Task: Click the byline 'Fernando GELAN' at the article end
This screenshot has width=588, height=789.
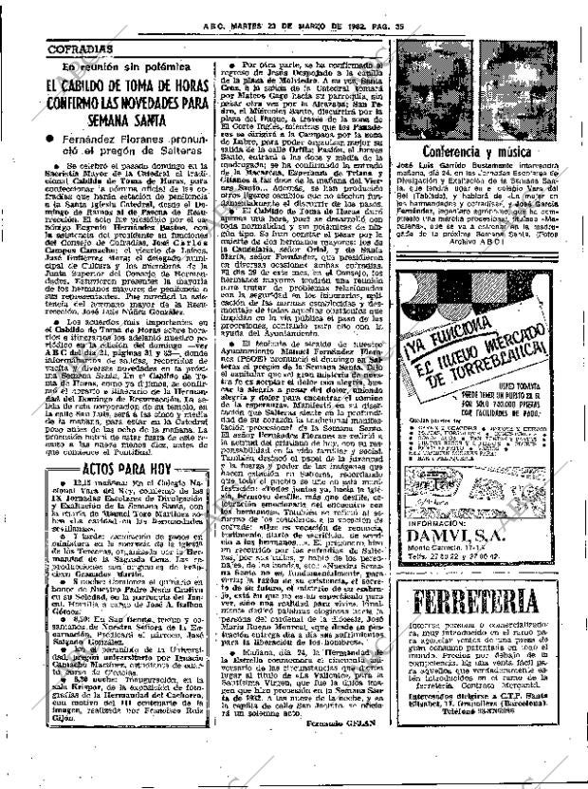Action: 327,774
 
